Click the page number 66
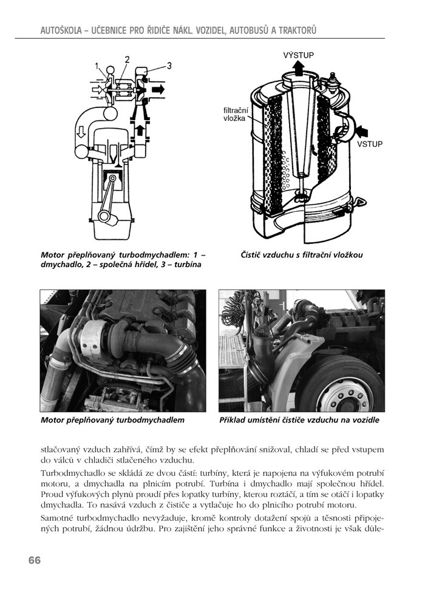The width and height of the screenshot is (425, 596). [x=34, y=560]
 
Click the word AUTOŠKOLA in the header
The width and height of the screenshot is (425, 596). [x=62, y=30]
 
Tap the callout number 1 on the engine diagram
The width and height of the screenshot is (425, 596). [x=97, y=65]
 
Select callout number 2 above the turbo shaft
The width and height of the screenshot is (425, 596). [x=127, y=59]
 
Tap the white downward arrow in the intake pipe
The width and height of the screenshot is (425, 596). [x=81, y=131]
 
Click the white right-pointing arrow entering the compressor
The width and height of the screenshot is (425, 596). [x=96, y=89]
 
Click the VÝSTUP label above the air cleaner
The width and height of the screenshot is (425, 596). [x=299, y=55]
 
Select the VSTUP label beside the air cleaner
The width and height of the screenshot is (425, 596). [x=370, y=144]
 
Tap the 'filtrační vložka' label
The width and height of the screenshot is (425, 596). [x=235, y=115]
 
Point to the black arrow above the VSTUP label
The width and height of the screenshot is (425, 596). [x=362, y=130]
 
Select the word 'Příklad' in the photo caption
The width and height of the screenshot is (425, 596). [x=235, y=419]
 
